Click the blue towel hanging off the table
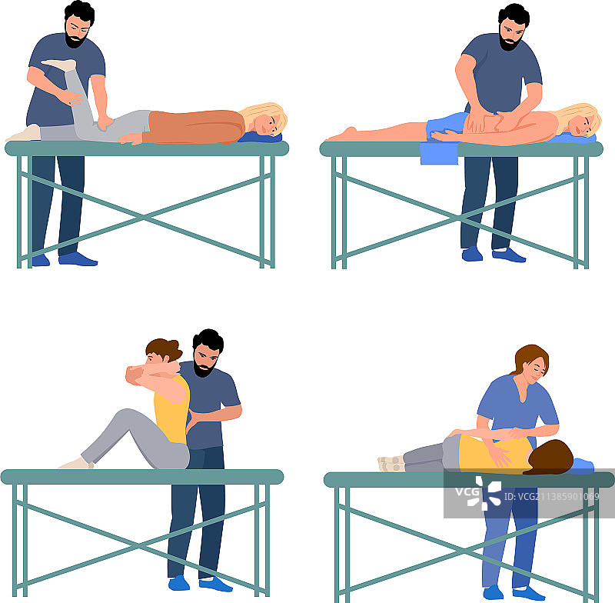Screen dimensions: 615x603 click(x=439, y=153)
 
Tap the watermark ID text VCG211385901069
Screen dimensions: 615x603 click(x=551, y=497)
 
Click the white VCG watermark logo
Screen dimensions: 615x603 click(x=478, y=493)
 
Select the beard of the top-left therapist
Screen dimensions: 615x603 click(x=75, y=40)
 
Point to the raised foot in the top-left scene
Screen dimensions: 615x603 click(x=59, y=65)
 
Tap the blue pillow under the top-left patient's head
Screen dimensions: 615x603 click(x=260, y=138)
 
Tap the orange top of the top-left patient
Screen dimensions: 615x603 click(x=194, y=126)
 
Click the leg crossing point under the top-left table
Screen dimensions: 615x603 click(x=144, y=217)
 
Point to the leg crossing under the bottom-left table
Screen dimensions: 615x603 click(x=139, y=544)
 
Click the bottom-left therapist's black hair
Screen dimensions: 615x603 click(x=208, y=339)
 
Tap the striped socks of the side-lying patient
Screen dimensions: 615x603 click(x=391, y=463)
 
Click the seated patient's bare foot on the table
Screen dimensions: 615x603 click(x=76, y=463)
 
